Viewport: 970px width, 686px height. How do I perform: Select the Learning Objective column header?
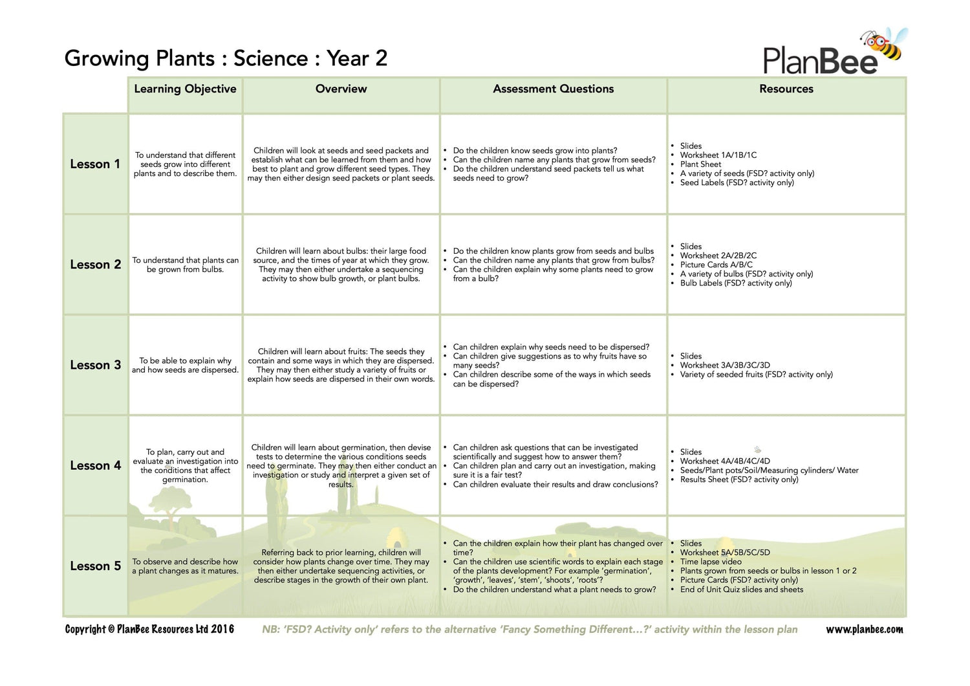click(x=185, y=89)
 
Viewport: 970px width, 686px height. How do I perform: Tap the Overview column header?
click(x=341, y=89)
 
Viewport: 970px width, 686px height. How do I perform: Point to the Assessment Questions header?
click(x=553, y=89)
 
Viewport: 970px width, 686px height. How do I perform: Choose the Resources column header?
click(x=786, y=89)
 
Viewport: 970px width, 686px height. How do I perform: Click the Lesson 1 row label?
click(x=95, y=164)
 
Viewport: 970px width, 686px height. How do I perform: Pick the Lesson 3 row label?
click(x=95, y=365)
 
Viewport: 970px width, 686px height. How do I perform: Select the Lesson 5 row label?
click(x=95, y=566)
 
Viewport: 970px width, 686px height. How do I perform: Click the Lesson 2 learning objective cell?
click(x=186, y=265)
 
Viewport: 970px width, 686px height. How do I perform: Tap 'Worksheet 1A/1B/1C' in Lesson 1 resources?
click(x=718, y=155)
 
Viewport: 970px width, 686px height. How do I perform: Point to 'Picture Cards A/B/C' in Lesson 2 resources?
click(x=716, y=265)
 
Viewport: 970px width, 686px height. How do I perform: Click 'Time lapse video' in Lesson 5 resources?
click(x=711, y=562)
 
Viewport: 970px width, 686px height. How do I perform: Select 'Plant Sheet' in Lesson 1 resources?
click(x=700, y=164)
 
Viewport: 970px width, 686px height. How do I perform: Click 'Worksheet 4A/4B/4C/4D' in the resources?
click(x=725, y=461)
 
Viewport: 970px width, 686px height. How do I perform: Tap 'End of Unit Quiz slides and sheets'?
click(x=741, y=590)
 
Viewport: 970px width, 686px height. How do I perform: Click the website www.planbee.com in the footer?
click(x=864, y=629)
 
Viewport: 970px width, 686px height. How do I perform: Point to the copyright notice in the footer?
click(x=149, y=629)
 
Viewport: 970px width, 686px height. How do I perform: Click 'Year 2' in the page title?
click(x=357, y=58)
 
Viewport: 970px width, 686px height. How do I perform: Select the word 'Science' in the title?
click(x=270, y=58)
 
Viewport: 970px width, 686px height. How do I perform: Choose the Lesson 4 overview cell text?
click(x=341, y=466)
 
